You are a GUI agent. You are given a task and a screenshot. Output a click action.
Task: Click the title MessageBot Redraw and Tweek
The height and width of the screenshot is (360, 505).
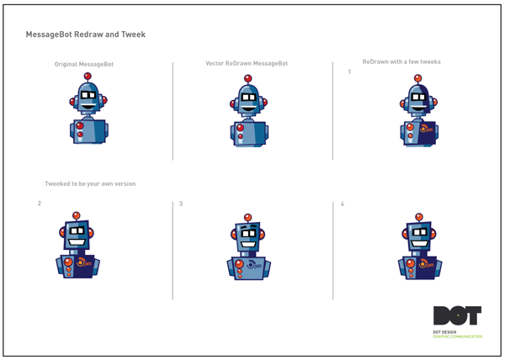86,34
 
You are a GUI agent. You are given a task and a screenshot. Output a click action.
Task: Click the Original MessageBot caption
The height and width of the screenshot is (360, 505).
83,64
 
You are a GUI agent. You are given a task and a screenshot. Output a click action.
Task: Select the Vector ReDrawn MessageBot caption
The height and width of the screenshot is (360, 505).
246,64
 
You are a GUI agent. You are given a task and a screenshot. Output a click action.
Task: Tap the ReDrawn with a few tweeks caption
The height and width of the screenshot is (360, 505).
401,61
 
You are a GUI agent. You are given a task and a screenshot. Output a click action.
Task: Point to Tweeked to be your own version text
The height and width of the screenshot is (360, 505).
90,183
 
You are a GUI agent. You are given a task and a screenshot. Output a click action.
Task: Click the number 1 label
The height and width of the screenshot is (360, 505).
349,72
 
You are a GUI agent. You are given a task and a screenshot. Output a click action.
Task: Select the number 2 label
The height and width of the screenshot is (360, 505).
40,204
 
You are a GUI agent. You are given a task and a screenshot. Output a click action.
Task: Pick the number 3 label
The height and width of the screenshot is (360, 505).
181,204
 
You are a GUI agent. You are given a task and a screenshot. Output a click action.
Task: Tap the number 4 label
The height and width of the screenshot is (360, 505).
342,204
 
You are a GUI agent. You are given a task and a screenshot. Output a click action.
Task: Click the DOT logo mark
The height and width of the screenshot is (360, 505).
457,315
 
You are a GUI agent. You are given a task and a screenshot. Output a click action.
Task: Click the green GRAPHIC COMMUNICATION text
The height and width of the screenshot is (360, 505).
458,336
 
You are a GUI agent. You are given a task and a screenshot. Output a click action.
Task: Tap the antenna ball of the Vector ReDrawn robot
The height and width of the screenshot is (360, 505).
247,78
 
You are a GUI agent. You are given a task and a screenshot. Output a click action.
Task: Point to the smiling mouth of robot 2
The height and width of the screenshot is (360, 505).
77,242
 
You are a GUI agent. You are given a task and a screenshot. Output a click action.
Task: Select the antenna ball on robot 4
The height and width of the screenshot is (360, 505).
418,217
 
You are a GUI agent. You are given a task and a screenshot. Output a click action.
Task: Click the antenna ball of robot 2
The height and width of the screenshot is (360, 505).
77,215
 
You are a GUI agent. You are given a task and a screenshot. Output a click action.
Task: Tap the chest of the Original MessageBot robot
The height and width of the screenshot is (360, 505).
89,131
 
